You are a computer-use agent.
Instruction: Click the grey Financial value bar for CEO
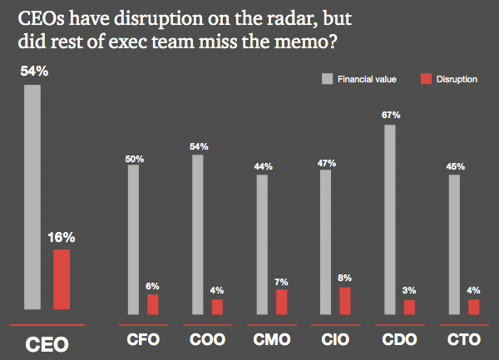pos(32,197)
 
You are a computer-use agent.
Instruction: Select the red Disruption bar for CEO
pos(62,279)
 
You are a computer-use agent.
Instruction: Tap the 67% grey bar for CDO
pos(390,219)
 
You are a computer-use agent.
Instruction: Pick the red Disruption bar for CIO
pos(345,301)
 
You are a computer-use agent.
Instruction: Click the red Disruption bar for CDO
pos(409,308)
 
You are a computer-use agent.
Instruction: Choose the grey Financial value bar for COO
pos(198,234)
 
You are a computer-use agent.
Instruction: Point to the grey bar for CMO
pos(262,245)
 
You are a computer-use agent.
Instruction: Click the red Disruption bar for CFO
pos(153,304)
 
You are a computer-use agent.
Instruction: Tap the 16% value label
pos(62,237)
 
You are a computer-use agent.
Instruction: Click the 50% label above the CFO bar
pos(135,159)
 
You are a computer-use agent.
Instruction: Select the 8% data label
pos(344,278)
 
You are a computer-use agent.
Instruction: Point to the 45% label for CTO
pos(456,166)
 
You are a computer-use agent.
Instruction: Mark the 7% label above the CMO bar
pos(281,282)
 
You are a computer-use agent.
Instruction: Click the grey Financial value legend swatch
pos(327,79)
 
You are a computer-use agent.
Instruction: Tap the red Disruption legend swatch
pos(426,79)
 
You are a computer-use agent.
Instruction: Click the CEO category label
pos(47,344)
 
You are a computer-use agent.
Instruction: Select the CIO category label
pos(335,340)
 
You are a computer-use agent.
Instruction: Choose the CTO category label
pos(464,340)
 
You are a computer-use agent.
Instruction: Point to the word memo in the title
pos(302,42)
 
